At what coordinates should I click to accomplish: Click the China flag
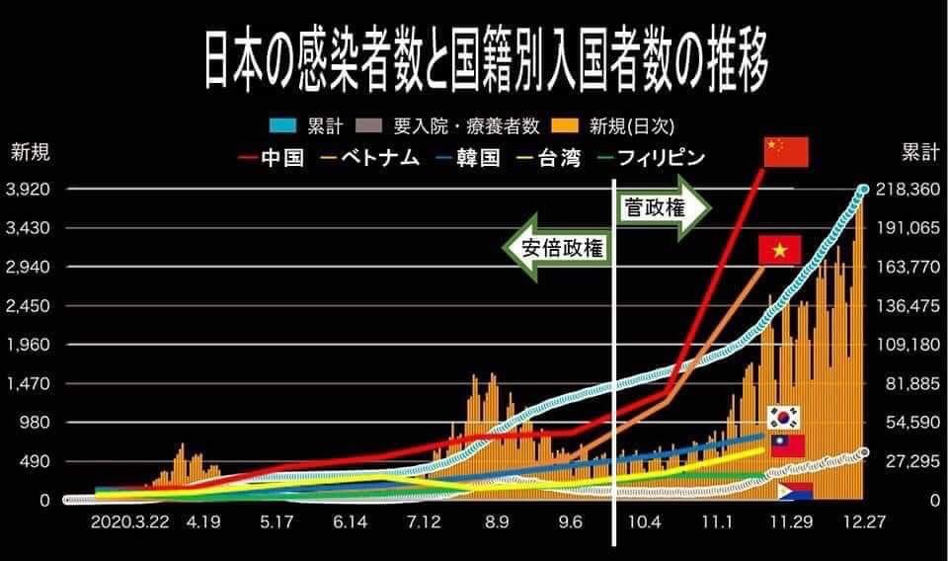(x=786, y=152)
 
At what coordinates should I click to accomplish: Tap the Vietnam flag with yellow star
(x=779, y=251)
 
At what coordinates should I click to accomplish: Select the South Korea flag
(x=786, y=417)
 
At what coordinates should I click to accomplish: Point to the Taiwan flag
(x=787, y=445)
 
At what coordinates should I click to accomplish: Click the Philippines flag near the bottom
(x=795, y=491)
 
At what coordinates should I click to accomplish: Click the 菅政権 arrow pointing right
(x=664, y=206)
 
